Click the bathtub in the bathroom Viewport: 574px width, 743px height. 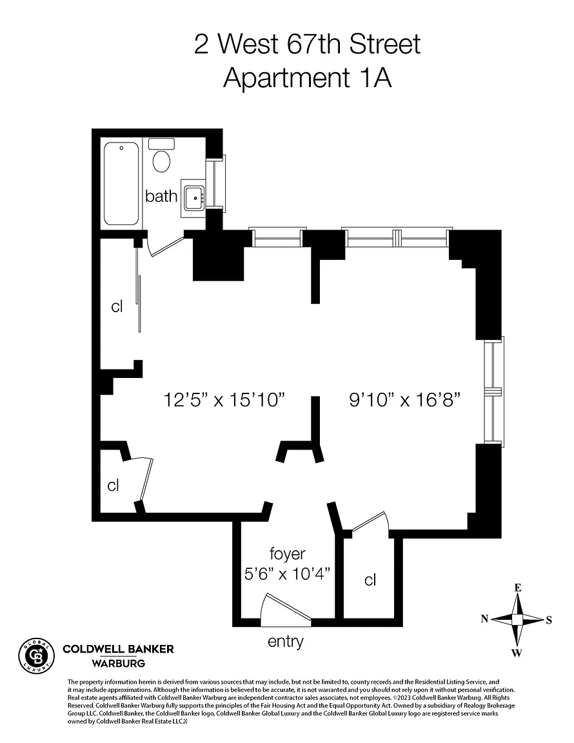coord(121,184)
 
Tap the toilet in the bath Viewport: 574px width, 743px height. coord(161,156)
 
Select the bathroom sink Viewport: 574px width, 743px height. coord(193,198)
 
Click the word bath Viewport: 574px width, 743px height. coord(161,195)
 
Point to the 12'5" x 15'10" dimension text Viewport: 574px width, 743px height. coord(224,399)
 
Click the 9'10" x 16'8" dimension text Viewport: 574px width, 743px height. coord(405,399)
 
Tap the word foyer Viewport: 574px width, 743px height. coord(287,553)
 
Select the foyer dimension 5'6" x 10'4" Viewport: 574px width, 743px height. coord(287,574)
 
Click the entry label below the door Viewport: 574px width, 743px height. coord(285,642)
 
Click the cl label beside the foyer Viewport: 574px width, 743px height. coord(370,580)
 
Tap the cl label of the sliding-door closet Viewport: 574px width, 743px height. coord(117,306)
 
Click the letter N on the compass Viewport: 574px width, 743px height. coord(484,619)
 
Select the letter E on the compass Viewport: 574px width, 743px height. coord(518,588)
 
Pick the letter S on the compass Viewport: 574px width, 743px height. coord(549,620)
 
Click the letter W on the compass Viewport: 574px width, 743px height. coord(517,653)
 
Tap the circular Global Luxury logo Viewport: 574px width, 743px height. coord(36,656)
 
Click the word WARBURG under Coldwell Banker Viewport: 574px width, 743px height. coord(119,664)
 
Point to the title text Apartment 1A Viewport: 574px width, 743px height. coord(308,77)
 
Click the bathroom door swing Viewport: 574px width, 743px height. coord(166,245)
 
